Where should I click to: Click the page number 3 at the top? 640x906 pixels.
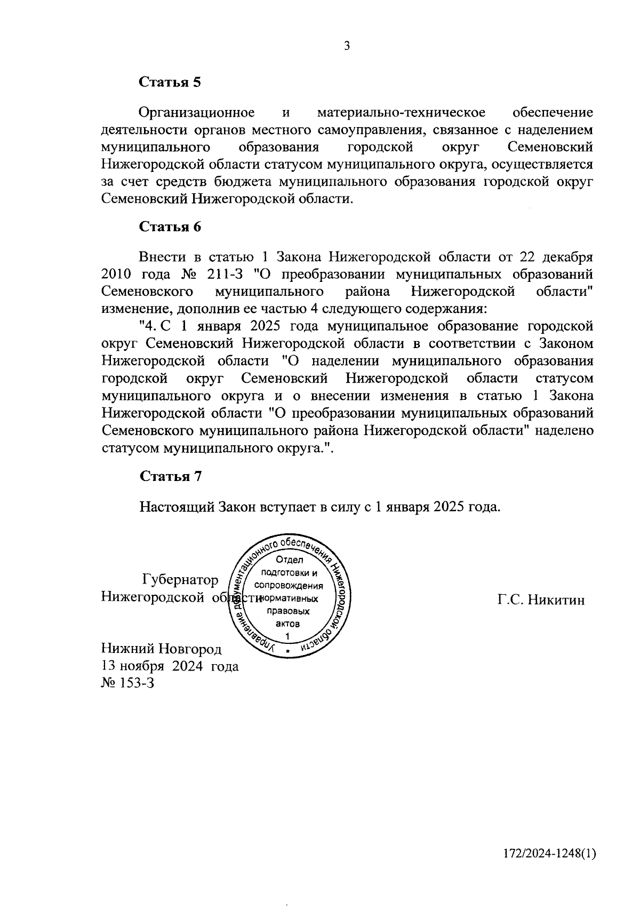pyautogui.click(x=347, y=46)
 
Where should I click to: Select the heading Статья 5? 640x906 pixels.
pyautogui.click(x=170, y=82)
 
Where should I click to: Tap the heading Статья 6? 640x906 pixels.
pyautogui.click(x=170, y=226)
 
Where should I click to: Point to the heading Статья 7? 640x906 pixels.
pyautogui.click(x=170, y=476)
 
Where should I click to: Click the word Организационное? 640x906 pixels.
pyautogui.click(x=196, y=113)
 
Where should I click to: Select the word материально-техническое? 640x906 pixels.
pyautogui.click(x=401, y=113)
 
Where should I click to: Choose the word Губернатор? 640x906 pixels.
pyautogui.click(x=180, y=580)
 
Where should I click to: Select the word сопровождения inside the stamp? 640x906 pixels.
pyautogui.click(x=289, y=586)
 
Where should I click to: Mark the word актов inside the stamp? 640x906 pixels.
pyautogui.click(x=287, y=624)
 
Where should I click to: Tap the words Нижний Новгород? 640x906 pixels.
pyautogui.click(x=161, y=649)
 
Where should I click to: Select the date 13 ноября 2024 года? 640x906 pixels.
pyautogui.click(x=170, y=666)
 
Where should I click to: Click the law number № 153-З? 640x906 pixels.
pyautogui.click(x=127, y=683)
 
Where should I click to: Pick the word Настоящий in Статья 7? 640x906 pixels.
pyautogui.click(x=177, y=506)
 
